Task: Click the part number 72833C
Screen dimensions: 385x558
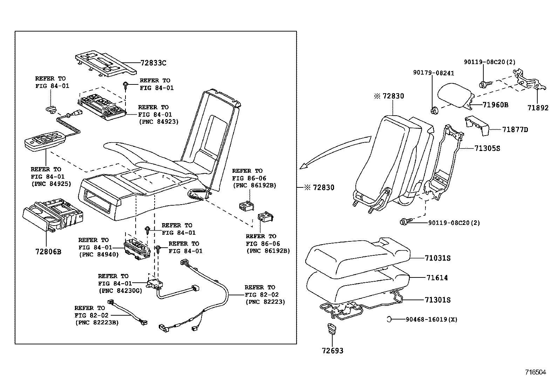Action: click(x=153, y=63)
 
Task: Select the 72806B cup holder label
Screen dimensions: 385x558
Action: click(x=48, y=252)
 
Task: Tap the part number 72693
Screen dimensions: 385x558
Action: click(x=333, y=351)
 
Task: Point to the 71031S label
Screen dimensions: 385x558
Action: click(x=437, y=258)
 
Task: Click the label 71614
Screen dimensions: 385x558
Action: click(x=437, y=278)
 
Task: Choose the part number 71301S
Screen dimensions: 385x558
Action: click(x=437, y=300)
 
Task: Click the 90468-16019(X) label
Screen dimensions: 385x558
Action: click(x=431, y=319)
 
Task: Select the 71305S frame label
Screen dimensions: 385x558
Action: click(x=487, y=149)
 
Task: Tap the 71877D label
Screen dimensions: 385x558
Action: click(x=515, y=130)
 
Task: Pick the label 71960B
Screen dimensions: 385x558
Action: click(x=495, y=105)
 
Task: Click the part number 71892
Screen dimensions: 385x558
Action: click(x=538, y=108)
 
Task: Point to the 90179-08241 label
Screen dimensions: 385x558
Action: click(x=433, y=73)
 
